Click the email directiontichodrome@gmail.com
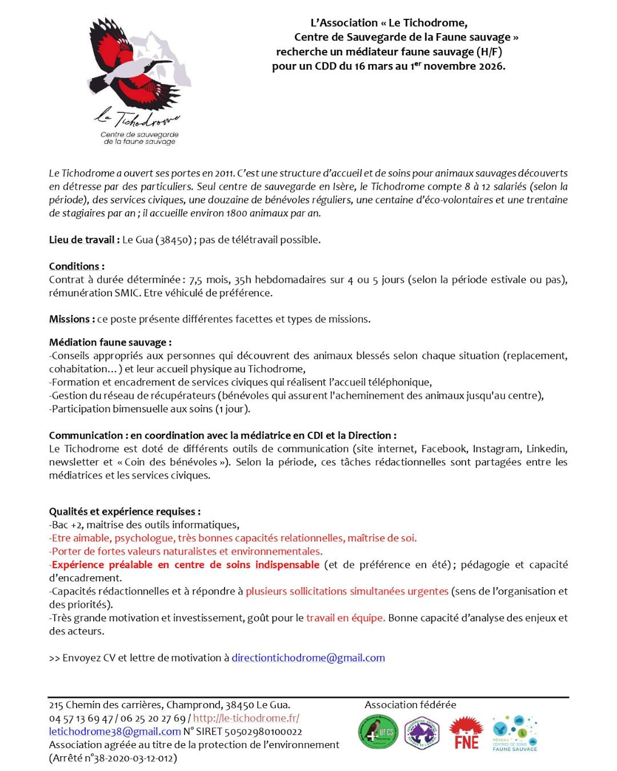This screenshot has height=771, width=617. [x=308, y=658]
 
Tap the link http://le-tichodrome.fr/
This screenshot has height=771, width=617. [x=246, y=718]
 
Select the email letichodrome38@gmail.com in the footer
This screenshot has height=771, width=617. [x=115, y=732]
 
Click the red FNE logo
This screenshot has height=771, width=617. [x=466, y=733]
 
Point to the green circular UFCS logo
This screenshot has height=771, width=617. [x=378, y=733]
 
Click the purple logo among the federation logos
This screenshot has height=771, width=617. [x=422, y=733]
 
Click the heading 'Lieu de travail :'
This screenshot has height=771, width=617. [x=84, y=240]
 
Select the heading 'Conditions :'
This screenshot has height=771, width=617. [x=77, y=267]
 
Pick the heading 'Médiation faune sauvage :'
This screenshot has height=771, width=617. [x=110, y=343]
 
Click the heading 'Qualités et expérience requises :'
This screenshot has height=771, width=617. [x=125, y=512]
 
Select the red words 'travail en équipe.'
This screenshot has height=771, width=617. [x=346, y=618]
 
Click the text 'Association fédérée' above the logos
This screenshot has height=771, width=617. [x=410, y=705]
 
